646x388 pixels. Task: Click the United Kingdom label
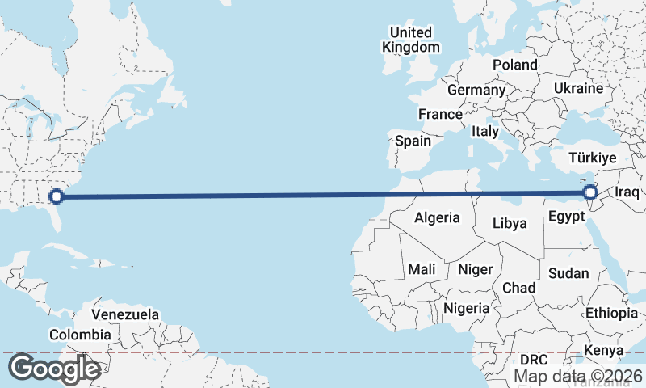click(411, 40)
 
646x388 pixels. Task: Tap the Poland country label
click(515, 65)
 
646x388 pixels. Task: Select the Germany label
click(476, 90)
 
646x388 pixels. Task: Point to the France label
click(440, 115)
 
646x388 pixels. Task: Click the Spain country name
click(413, 141)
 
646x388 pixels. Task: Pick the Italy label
click(485, 131)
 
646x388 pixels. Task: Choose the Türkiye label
click(593, 158)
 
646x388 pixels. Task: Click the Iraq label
click(627, 192)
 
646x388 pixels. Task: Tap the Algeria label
click(437, 217)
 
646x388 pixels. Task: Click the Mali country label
click(422, 269)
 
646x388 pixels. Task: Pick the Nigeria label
click(467, 308)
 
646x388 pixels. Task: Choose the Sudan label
click(568, 273)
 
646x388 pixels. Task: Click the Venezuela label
click(125, 314)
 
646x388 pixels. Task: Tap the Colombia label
click(80, 335)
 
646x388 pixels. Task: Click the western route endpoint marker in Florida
click(57, 196)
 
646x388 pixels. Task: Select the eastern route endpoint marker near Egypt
click(590, 192)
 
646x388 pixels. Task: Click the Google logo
click(54, 369)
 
